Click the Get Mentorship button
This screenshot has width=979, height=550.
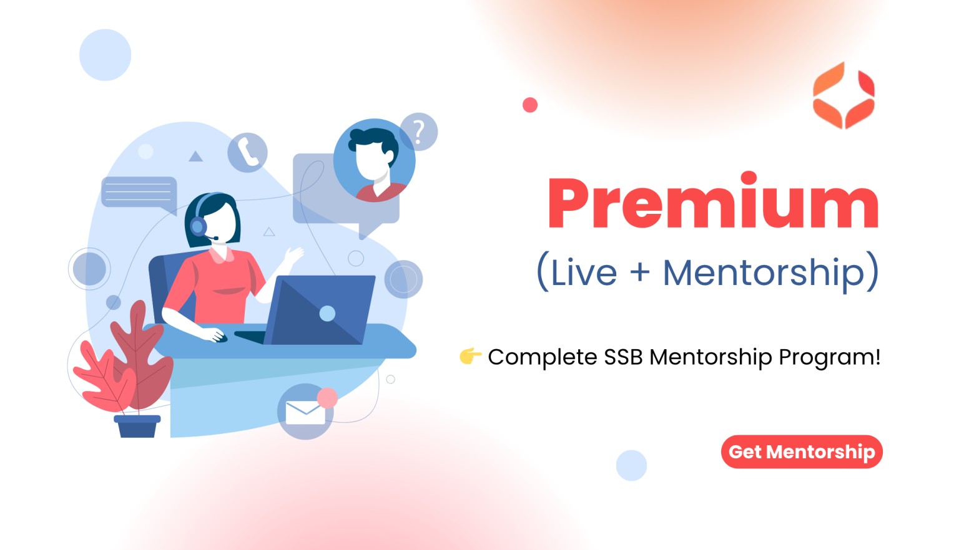pyautogui.click(x=802, y=451)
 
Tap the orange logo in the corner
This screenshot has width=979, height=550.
pyautogui.click(x=844, y=95)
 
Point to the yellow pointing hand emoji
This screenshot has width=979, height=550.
pyautogui.click(x=470, y=356)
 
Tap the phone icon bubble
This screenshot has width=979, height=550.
pyautogui.click(x=247, y=152)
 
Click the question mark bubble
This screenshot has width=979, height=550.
pyautogui.click(x=419, y=132)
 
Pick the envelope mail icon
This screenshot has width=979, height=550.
pyautogui.click(x=305, y=413)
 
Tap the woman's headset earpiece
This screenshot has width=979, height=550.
pyautogui.click(x=198, y=226)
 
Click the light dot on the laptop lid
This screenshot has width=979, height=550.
pyautogui.click(x=327, y=313)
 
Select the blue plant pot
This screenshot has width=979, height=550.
pyautogui.click(x=137, y=426)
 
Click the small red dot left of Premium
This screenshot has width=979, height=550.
pyautogui.click(x=529, y=105)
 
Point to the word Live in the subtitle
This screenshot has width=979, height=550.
pyautogui.click(x=584, y=273)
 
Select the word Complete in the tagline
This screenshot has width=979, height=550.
pyautogui.click(x=543, y=357)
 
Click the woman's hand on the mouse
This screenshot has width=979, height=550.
pyautogui.click(x=214, y=335)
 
